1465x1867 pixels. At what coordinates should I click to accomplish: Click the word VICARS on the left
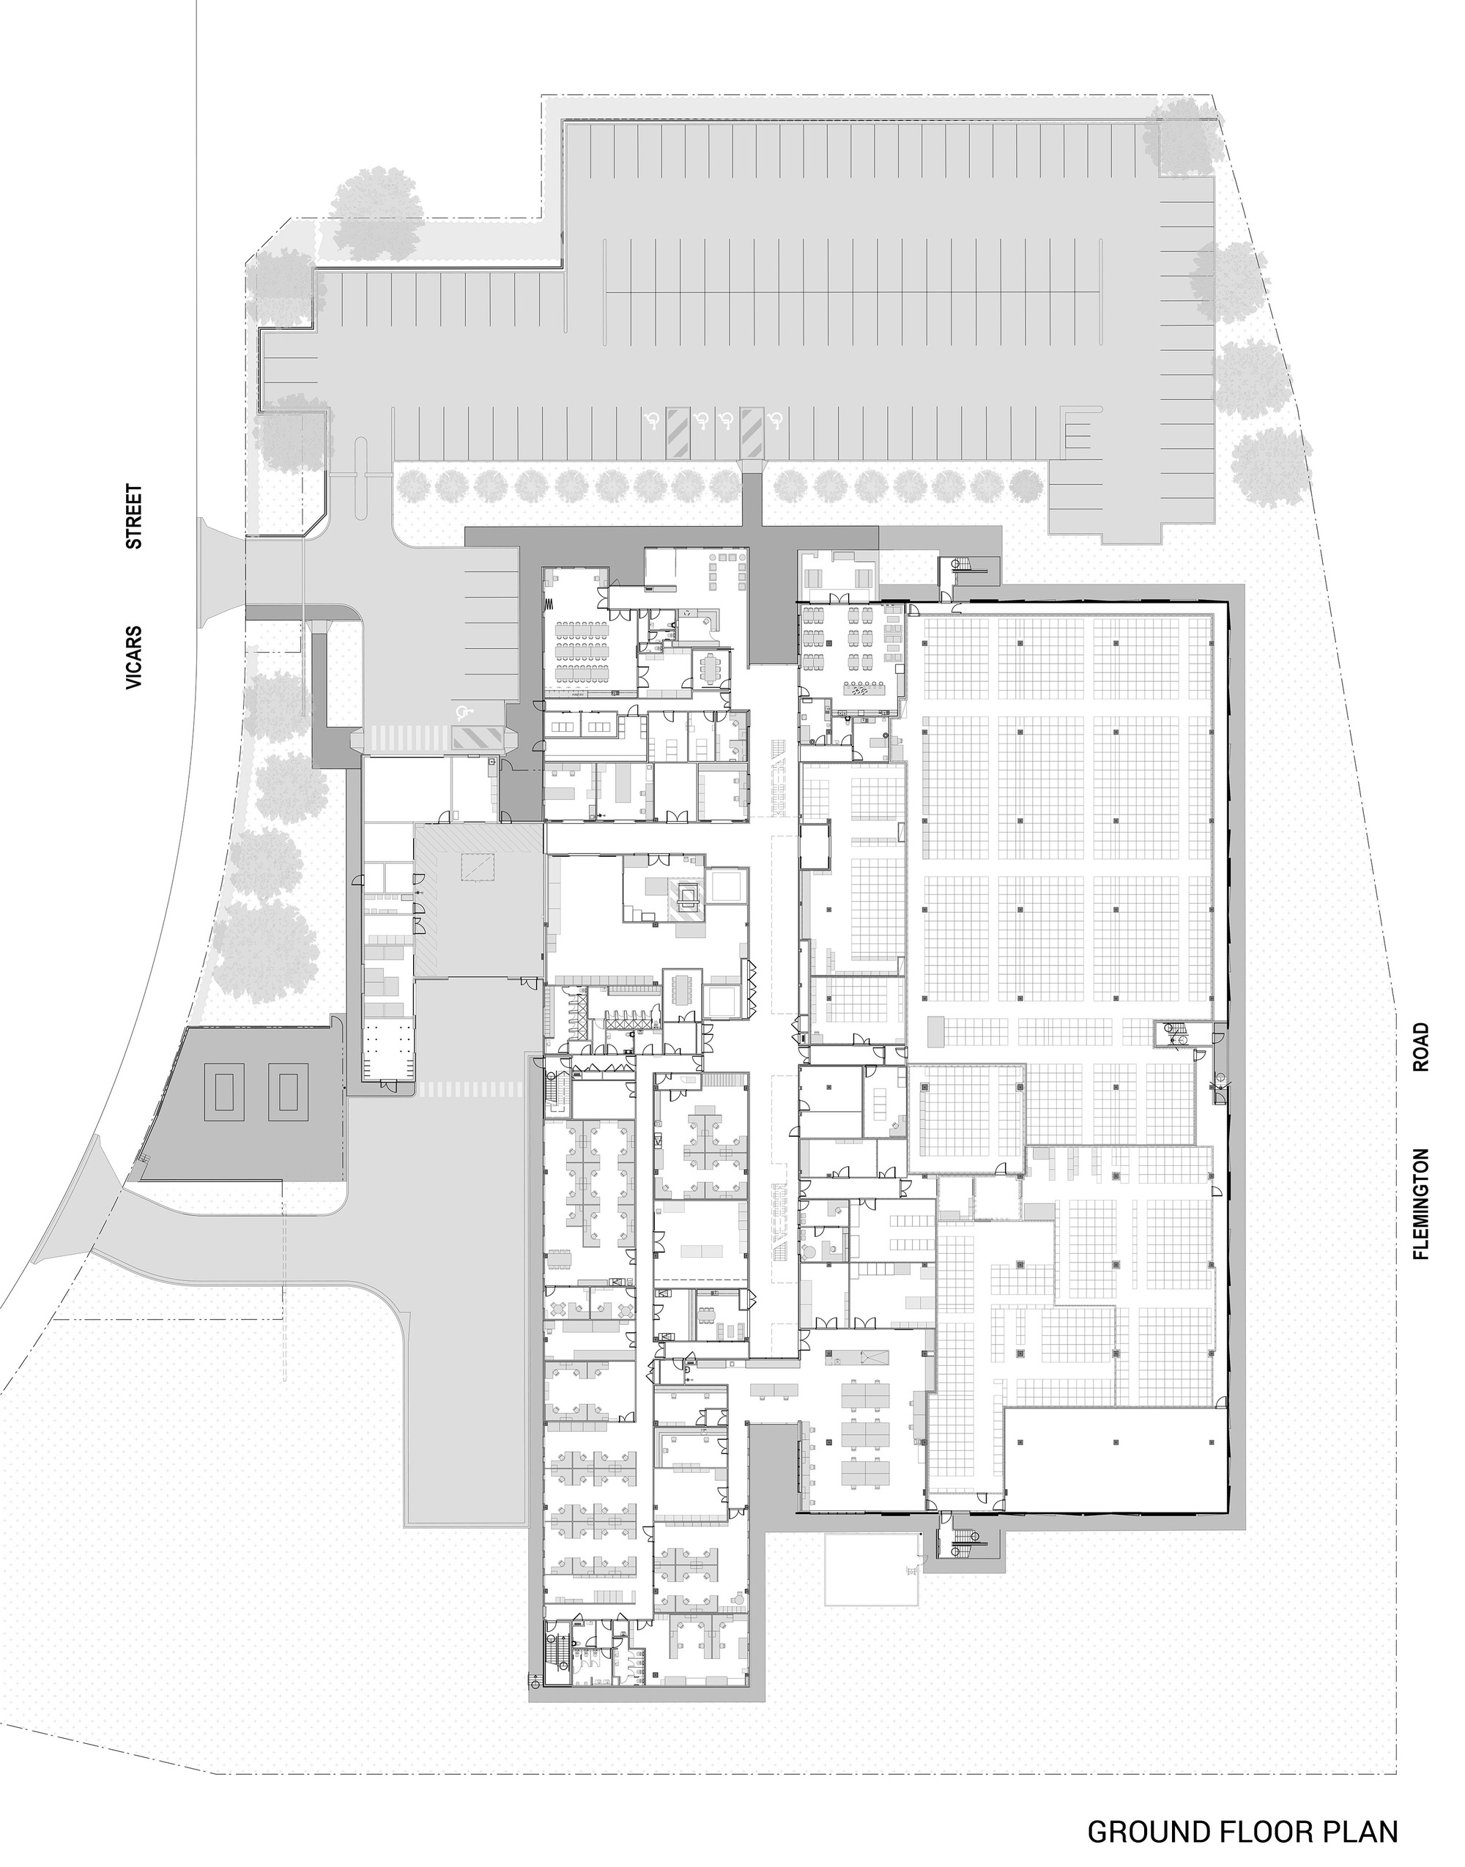click(134, 658)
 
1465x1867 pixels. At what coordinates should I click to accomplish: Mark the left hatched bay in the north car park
click(678, 431)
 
